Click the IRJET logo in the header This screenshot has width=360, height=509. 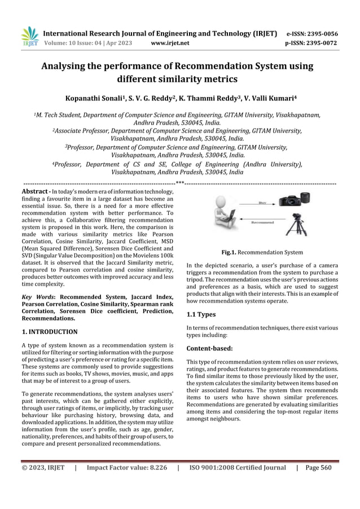[29, 36]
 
